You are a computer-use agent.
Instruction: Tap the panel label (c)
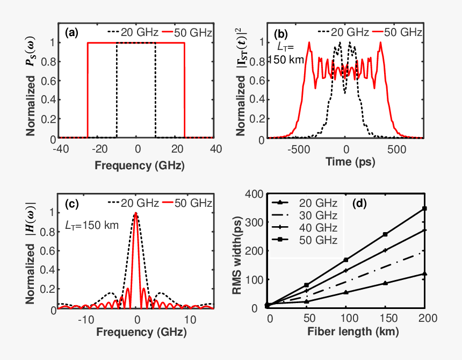[71, 203]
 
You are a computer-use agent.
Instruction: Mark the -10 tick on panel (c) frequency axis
[86, 320]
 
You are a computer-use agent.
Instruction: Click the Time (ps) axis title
[347, 161]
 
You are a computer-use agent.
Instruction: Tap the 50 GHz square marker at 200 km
[425, 208]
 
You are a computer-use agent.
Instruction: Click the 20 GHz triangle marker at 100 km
[346, 292]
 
